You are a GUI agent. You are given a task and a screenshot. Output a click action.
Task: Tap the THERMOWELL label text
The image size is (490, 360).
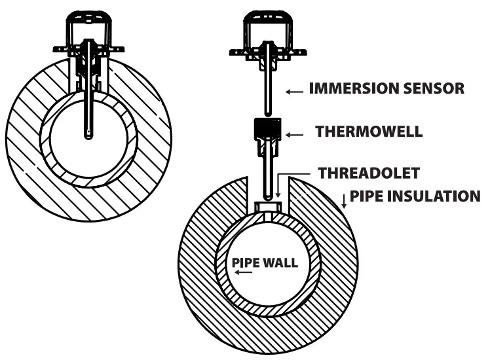click(369, 132)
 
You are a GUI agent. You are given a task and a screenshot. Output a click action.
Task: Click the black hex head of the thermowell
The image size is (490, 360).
click(267, 128)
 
